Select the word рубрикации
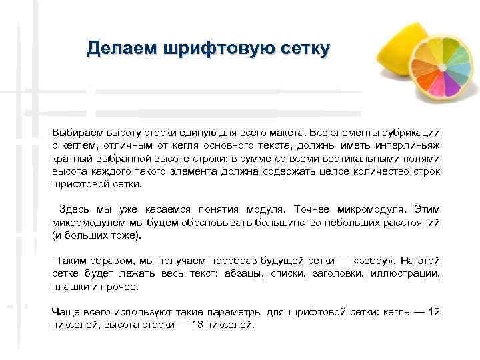pyautogui.click(x=410, y=133)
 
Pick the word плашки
pyautogui.click(x=69, y=286)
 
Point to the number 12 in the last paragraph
pyautogui.click(x=434, y=312)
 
